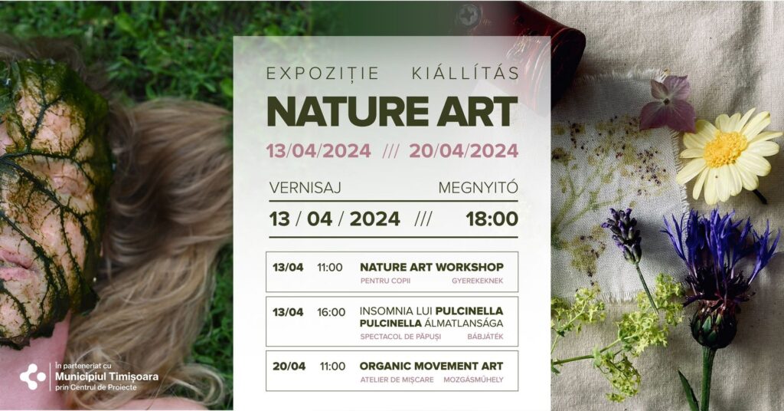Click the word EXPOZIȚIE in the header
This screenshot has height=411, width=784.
[x=322, y=74]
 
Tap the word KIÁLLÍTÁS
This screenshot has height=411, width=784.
[x=465, y=73]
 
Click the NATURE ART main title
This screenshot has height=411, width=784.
[x=392, y=111]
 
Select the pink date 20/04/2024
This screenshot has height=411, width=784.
[x=463, y=151]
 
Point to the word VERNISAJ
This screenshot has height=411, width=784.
[x=305, y=188]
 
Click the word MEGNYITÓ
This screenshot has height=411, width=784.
[x=478, y=188]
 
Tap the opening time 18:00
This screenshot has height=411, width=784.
[x=492, y=219]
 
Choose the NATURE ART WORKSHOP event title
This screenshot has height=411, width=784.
[x=432, y=268]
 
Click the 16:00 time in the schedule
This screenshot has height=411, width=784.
[x=331, y=312]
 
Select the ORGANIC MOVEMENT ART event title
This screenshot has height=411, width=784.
[x=431, y=367]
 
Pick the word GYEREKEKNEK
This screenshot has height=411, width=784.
[x=478, y=281]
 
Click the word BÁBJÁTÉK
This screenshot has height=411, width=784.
[x=485, y=337]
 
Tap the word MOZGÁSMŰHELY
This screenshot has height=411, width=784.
[x=473, y=380]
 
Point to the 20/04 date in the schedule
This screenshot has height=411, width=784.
[x=289, y=367]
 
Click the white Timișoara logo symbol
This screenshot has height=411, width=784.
[x=33, y=377]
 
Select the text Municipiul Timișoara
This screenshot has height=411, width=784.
[x=107, y=376]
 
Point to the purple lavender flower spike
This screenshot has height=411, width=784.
[x=623, y=235]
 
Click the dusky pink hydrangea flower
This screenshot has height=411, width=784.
[x=668, y=104]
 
